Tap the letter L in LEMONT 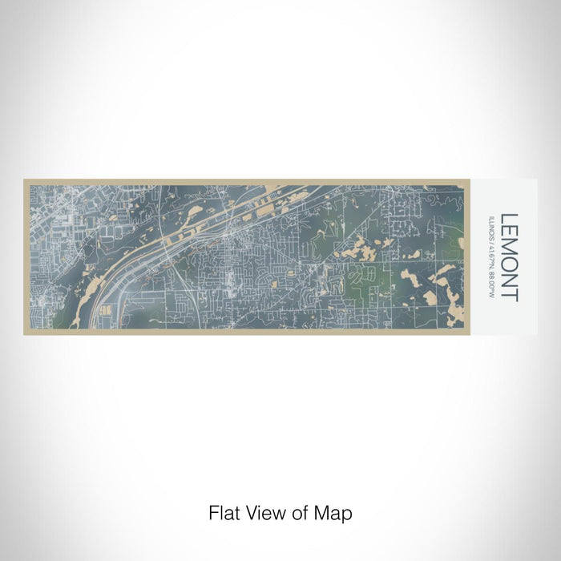pos(509,218)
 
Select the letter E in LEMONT pos(509,232)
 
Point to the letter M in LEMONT pos(509,248)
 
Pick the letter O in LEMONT pos(509,265)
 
